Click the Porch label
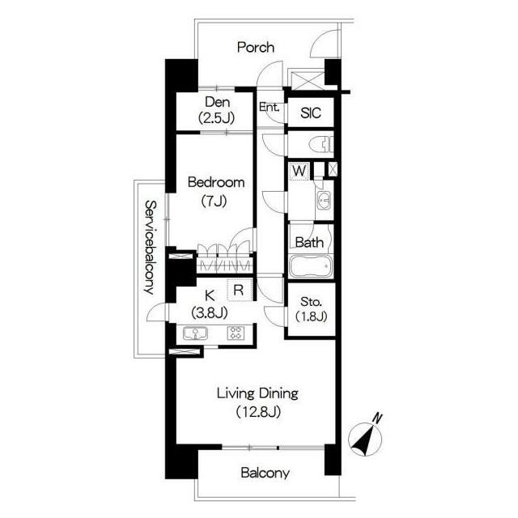(256, 48)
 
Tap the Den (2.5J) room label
(217, 110)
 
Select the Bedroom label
(216, 182)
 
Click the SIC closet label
(311, 113)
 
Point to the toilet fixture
(321, 144)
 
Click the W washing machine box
(299, 171)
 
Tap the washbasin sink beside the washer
(324, 200)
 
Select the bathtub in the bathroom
(311, 266)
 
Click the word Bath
(309, 243)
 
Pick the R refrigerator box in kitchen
(240, 290)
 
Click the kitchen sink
(195, 333)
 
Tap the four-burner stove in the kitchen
(236, 333)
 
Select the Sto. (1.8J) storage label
(311, 309)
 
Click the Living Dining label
(257, 394)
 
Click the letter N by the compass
(377, 418)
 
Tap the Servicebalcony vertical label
(150, 248)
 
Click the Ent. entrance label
(270, 107)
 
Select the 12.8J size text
(258, 412)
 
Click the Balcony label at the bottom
(265, 473)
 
